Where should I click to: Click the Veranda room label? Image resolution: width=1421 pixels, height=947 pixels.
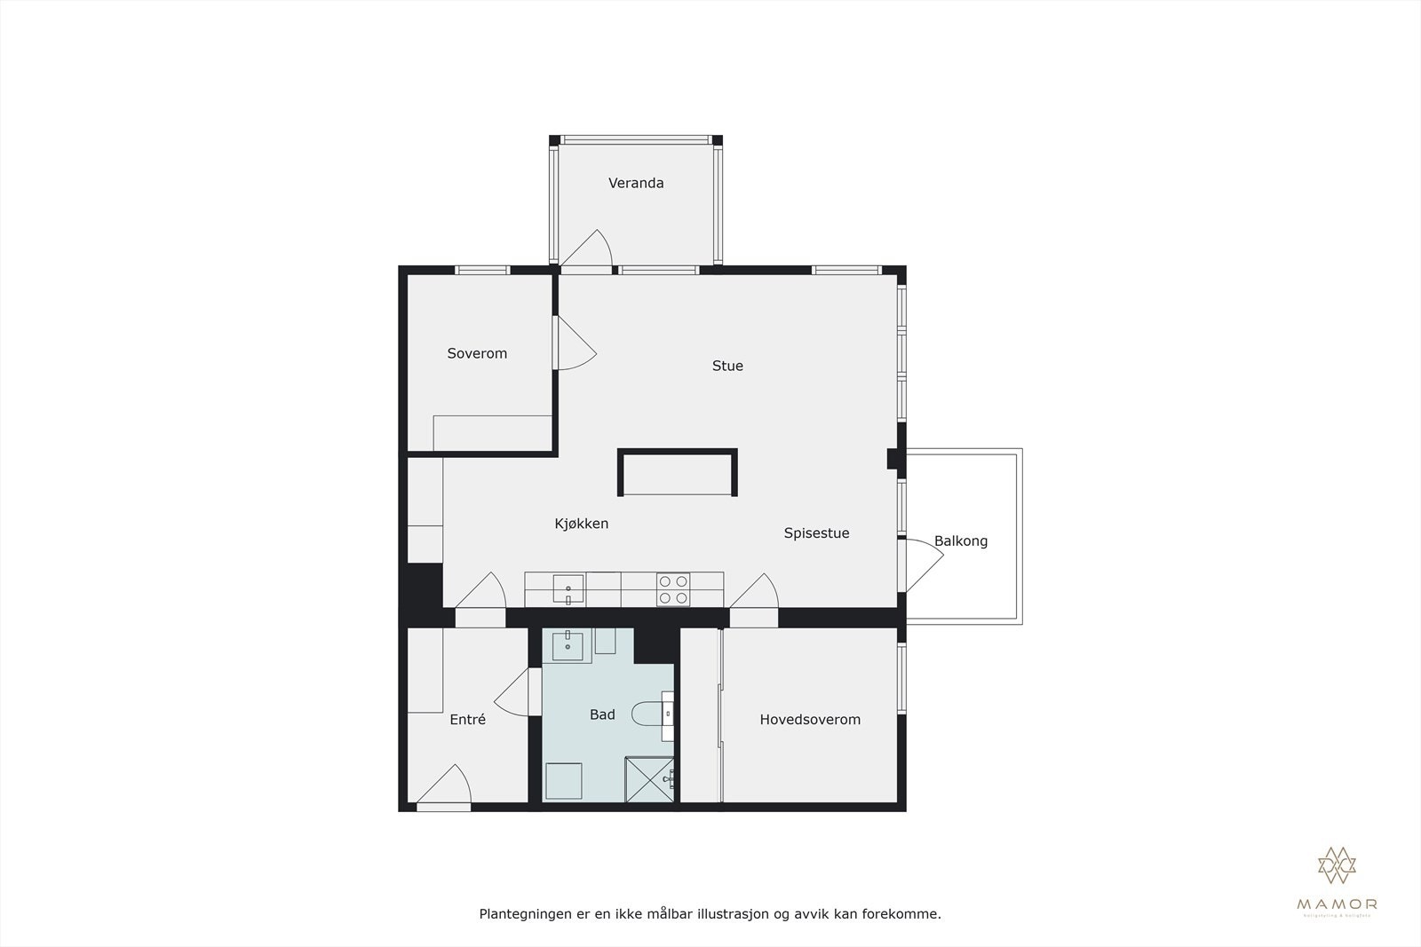[x=636, y=183]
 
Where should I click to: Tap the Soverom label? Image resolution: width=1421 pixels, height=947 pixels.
[x=477, y=353]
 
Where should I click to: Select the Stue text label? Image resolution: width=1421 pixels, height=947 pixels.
[x=727, y=366]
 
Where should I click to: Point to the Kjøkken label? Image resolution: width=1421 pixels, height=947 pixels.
[x=582, y=524]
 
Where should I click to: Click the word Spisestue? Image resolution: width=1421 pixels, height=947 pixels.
[x=816, y=533]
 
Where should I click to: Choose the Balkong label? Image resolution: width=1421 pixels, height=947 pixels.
[x=960, y=541]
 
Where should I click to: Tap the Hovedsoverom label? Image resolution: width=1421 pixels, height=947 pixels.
[x=810, y=720]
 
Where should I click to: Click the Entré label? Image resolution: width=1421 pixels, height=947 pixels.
[x=467, y=720]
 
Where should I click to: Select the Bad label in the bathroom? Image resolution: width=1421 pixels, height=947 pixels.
[x=602, y=714]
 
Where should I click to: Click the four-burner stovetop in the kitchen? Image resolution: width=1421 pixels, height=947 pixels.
[x=672, y=589]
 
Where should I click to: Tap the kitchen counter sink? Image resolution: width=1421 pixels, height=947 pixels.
[x=568, y=588]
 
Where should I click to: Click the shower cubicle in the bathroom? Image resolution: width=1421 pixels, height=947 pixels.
[x=649, y=779]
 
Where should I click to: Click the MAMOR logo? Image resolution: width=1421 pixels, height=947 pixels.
[x=1337, y=879]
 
